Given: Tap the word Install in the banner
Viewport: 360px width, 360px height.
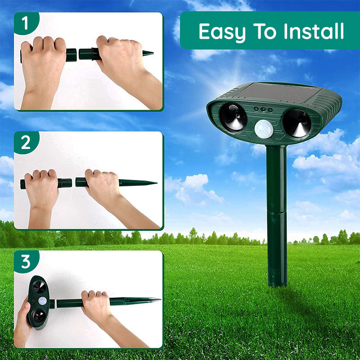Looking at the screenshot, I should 314,31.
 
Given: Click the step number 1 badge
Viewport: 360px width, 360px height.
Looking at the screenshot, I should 25,23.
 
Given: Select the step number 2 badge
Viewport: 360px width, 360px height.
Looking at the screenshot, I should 26,143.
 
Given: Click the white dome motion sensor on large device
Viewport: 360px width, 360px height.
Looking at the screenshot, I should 264,129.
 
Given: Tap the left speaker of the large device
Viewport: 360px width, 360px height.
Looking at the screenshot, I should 234,117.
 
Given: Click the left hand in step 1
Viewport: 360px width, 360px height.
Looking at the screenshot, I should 43,63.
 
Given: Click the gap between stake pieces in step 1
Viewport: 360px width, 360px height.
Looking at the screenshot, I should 78,55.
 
